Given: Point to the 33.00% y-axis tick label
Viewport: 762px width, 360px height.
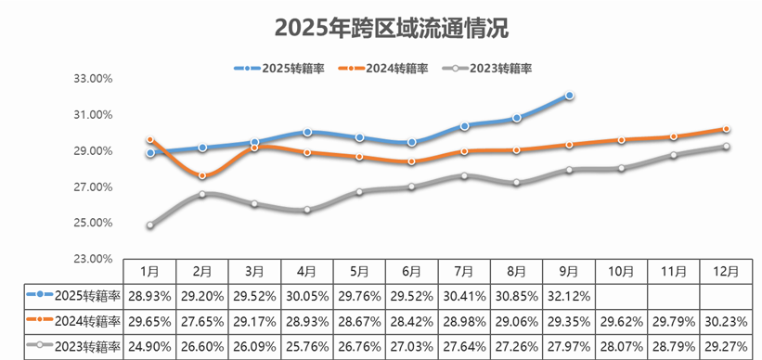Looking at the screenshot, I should coord(92,79).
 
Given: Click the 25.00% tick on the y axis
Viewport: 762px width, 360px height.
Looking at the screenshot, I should coord(92,224).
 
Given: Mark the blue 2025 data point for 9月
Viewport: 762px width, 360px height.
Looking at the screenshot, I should coord(569,96).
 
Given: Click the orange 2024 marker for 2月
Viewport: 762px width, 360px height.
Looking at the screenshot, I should coord(202,175).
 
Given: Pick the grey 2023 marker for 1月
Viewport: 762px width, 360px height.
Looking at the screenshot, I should coord(150,225).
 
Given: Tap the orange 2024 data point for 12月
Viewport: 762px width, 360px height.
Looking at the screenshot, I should coord(726,129).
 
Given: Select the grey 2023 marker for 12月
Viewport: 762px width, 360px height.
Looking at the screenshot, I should coord(726,147).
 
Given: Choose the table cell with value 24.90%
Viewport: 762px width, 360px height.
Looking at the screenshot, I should coord(150,346).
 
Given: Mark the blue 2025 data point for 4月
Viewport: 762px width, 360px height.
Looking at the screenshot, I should coord(307,133).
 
